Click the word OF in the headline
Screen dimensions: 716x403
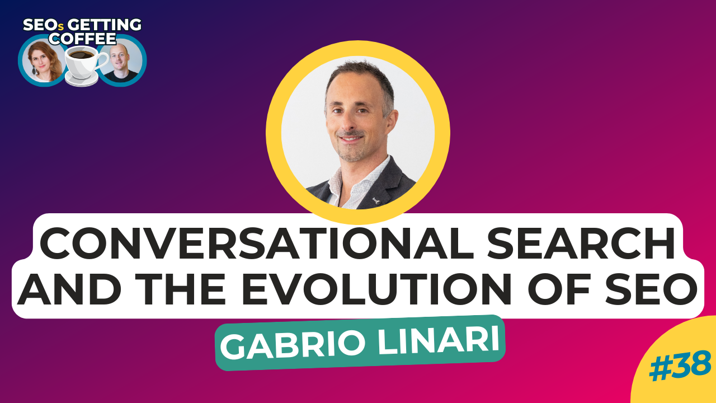(x=558, y=288)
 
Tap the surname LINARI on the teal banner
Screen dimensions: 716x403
(x=439, y=342)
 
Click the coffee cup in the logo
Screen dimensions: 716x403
(x=84, y=62)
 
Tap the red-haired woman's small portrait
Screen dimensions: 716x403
(x=43, y=61)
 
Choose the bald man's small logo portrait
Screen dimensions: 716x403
(x=122, y=61)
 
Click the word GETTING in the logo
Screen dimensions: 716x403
(x=104, y=25)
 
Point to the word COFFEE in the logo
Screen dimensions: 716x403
(x=82, y=39)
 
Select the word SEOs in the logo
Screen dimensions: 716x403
(x=44, y=25)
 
